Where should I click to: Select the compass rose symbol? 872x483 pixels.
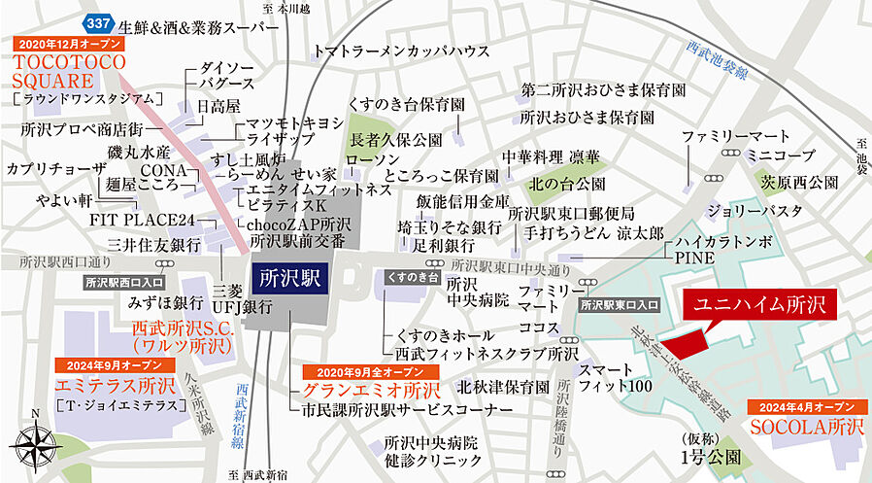(36, 447)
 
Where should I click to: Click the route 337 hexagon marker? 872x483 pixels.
(97, 21)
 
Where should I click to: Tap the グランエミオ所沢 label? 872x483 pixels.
(358, 392)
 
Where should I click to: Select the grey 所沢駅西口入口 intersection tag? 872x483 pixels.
(117, 283)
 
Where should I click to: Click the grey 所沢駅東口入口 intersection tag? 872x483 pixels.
(619, 305)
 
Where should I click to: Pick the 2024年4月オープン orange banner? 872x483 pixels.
(804, 406)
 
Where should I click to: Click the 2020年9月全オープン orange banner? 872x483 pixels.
(357, 372)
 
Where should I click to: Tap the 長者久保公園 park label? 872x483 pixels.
(396, 139)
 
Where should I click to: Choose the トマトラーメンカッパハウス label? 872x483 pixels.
(401, 52)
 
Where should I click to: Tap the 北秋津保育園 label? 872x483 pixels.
(503, 387)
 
